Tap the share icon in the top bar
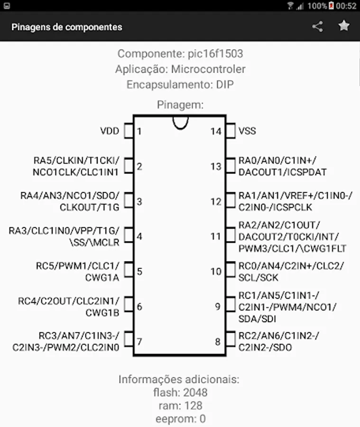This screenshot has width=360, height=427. [317, 27]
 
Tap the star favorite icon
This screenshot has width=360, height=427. [344, 26]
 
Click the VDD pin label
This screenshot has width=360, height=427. [110, 131]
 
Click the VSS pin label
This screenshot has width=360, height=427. [247, 131]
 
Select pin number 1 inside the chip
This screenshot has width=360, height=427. [139, 131]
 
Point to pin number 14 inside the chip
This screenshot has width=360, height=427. [216, 131]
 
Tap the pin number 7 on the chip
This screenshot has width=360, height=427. [139, 342]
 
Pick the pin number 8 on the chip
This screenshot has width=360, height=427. [218, 342]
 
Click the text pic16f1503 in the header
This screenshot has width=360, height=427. [215, 54]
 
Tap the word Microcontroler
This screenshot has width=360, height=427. [208, 69]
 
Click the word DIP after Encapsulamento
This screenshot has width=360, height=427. [225, 85]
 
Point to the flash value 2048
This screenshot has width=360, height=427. [195, 392]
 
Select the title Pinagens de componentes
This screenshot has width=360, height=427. [67, 27]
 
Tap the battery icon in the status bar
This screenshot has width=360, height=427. [331, 6]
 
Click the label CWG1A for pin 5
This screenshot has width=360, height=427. [102, 278]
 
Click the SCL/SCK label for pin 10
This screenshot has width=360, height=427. [258, 278]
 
